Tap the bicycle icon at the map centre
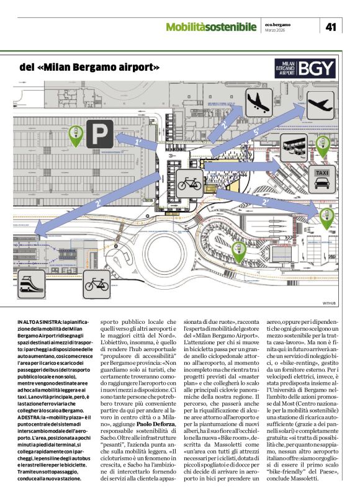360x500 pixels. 189,184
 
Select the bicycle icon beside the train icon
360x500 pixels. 96,284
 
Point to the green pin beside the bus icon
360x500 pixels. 322,145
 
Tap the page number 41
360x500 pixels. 331,26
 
